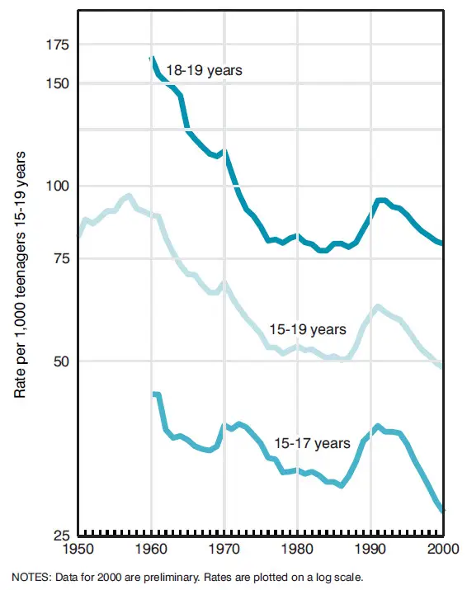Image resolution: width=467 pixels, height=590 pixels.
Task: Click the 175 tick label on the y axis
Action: (58, 45)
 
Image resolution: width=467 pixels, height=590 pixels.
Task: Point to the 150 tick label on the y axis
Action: (58, 83)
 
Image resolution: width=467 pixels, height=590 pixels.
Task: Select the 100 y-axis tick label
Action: (58, 186)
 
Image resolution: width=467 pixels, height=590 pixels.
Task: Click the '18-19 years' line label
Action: (204, 71)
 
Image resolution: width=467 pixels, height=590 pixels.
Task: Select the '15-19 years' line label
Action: (307, 329)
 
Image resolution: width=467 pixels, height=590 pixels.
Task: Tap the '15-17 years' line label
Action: (313, 442)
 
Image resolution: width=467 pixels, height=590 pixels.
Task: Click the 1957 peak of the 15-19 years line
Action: (129, 196)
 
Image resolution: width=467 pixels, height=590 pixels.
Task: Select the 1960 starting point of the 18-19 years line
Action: (152, 59)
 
